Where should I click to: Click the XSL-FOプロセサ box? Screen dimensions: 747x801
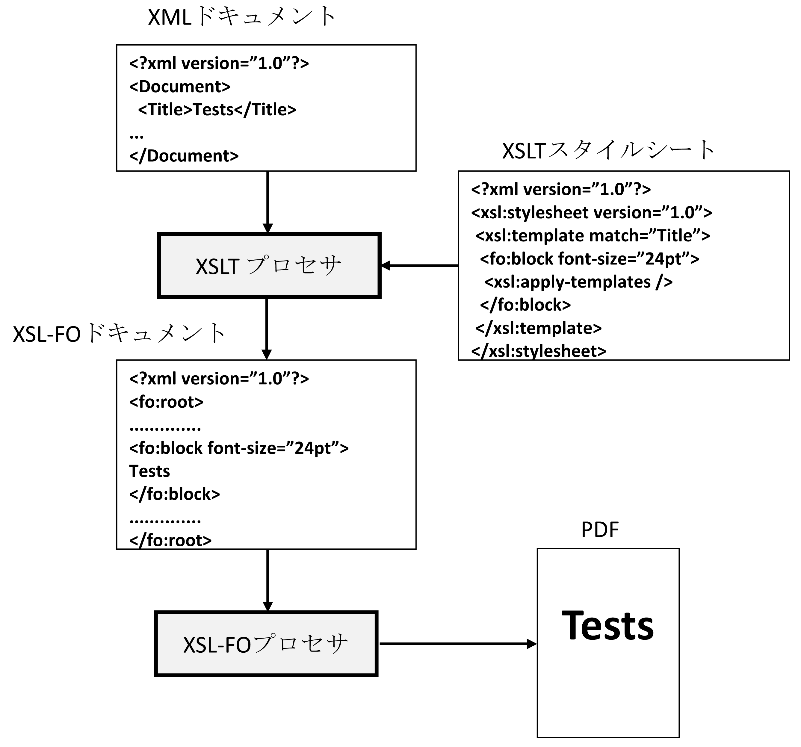click(266, 643)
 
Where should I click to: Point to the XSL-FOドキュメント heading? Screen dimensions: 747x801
click(119, 334)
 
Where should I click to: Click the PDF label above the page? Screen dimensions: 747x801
click(599, 530)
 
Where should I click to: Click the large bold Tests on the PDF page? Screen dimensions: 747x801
click(607, 626)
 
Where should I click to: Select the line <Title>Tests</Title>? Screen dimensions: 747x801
click(217, 110)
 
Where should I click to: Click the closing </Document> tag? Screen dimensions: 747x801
click(184, 155)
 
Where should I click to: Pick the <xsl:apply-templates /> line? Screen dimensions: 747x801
click(578, 282)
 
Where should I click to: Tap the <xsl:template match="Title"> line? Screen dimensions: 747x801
click(592, 235)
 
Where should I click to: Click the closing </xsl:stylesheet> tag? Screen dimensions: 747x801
click(538, 351)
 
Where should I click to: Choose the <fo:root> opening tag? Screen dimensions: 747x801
click(166, 402)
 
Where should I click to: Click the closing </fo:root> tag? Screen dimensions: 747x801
click(170, 540)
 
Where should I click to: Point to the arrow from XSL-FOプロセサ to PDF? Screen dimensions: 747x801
click(457, 643)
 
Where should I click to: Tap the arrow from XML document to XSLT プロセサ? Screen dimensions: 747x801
click(267, 202)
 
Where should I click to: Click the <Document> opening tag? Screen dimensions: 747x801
click(180, 87)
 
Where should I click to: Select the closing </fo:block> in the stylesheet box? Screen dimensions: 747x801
click(525, 305)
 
